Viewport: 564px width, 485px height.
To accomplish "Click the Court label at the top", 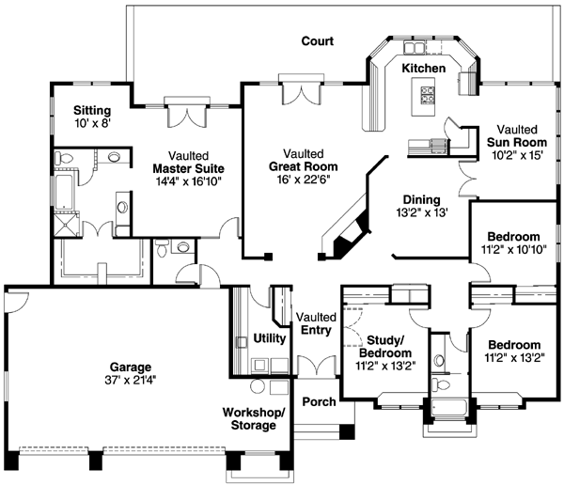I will coord(317,41).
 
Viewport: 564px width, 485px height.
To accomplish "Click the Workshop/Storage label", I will coord(249,418).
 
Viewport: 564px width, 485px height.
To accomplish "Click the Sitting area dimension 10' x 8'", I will coord(93,122).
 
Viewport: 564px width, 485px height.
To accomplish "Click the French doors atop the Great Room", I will coord(304,91).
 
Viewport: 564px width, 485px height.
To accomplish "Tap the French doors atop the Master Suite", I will coord(184,114).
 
